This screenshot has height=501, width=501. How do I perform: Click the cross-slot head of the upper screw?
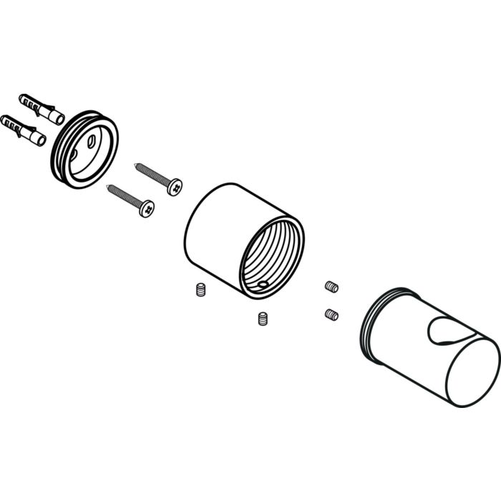pyautogui.click(x=175, y=188)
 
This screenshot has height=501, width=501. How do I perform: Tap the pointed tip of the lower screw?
pyautogui.click(x=108, y=186)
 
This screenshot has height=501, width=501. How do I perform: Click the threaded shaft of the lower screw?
pyautogui.click(x=125, y=196)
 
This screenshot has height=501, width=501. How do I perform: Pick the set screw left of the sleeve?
pyautogui.click(x=200, y=291)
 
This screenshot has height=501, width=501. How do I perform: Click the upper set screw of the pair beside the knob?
pyautogui.click(x=331, y=286)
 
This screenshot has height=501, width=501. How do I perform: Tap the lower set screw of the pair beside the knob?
pyautogui.click(x=331, y=314)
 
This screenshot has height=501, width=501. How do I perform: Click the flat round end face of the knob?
pyautogui.click(x=469, y=369)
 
